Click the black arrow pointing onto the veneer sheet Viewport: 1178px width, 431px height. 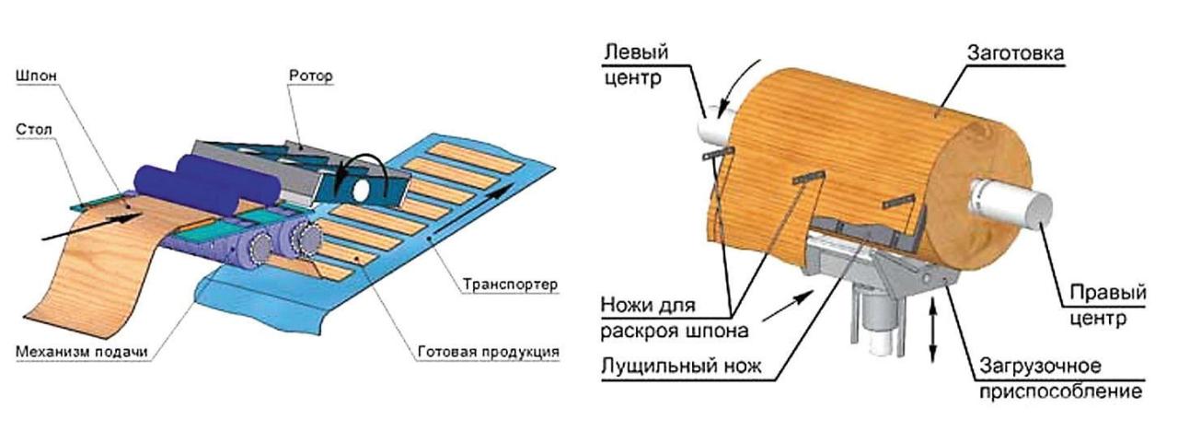[x=92, y=225]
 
